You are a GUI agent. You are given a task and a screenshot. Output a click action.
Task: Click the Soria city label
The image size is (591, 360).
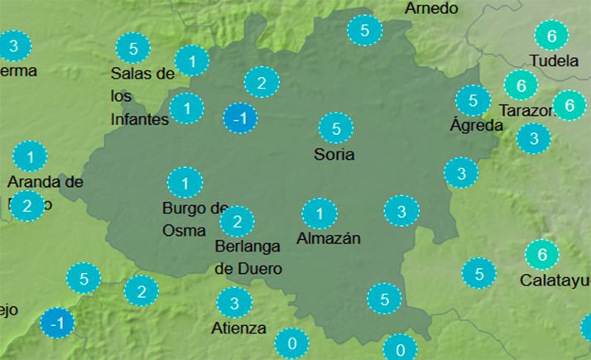(334, 154)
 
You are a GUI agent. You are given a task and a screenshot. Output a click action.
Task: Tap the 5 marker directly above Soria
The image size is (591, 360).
(336, 128)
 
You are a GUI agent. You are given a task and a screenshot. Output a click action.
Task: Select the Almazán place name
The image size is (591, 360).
(329, 239)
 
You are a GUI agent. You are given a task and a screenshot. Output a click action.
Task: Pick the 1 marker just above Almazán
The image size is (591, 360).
(319, 215)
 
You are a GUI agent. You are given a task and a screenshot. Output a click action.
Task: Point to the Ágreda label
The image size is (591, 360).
(476, 126)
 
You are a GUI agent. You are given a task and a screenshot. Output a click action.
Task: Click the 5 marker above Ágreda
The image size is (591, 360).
(473, 101)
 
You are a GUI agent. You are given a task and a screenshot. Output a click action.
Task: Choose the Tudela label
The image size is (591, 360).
(553, 60)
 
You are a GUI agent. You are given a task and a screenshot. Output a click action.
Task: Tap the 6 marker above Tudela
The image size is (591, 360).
(551, 36)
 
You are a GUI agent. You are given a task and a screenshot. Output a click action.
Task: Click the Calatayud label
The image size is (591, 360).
(555, 280)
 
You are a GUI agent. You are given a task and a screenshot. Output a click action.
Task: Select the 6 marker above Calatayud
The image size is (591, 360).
(542, 254)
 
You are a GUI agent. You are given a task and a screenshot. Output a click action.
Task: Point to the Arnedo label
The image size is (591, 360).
(430, 8)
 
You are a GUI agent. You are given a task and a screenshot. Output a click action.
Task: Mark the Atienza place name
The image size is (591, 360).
(239, 328)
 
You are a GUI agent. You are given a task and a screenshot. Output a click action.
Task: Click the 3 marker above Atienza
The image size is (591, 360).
(234, 303)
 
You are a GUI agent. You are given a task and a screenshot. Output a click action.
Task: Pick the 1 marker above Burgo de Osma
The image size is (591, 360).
(185, 182)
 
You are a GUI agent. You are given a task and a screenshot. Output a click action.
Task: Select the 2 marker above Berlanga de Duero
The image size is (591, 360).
(237, 221)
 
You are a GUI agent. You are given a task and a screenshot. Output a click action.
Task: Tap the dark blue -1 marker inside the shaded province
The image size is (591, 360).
(240, 119)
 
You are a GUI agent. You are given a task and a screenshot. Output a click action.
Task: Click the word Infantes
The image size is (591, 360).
(140, 118)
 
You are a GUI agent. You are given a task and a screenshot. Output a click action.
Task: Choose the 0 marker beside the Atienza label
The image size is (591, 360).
(291, 342)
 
